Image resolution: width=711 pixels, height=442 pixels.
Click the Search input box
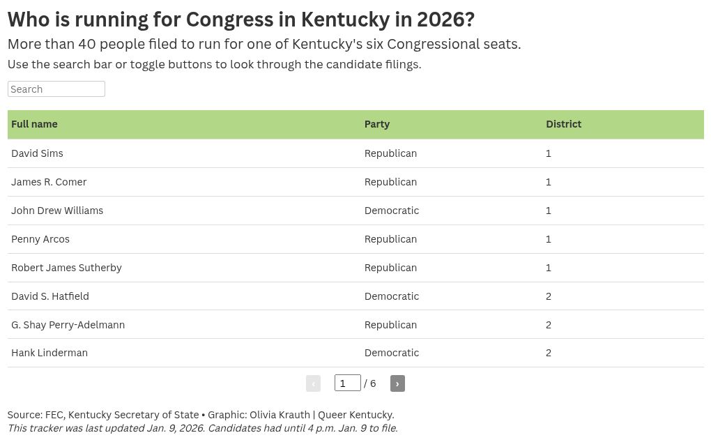56,89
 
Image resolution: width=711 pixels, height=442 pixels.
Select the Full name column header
34,124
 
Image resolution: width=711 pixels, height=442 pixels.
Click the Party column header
377,124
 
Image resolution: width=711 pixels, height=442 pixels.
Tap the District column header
563,124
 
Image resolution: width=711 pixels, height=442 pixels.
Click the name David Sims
37,153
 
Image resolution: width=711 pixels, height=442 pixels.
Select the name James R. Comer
49,182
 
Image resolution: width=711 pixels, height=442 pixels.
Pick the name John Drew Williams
57,211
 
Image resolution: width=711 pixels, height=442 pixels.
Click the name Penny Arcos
40,239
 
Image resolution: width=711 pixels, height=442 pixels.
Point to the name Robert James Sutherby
67,268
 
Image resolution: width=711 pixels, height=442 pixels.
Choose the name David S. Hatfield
50,296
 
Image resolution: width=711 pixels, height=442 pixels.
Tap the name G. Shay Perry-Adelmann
68,325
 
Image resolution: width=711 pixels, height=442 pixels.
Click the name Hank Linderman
49,353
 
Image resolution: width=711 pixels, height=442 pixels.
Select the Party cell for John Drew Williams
392,211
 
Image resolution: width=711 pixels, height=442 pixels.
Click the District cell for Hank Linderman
548,353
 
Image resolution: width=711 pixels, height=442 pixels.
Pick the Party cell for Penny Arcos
390,239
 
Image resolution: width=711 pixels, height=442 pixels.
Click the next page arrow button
397,383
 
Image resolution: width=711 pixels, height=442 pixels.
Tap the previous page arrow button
314,383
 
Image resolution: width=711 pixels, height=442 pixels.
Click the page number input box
347,383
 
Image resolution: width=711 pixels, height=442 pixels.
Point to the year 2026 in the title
445,20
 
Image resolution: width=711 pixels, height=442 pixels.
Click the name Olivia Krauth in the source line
280,415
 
